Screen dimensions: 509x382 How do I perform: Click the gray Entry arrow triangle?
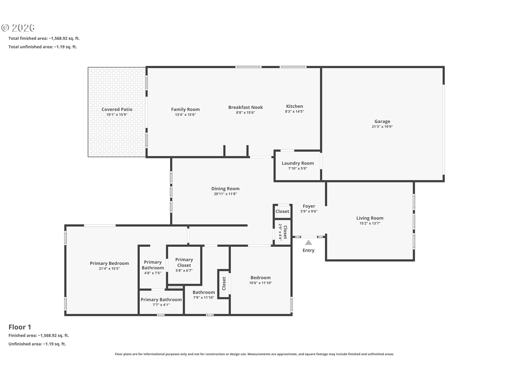pos(308,242)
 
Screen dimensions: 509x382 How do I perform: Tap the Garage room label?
pos(382,121)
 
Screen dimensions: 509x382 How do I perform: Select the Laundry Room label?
pos(298,163)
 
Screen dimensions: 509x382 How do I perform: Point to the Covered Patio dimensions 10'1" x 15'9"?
pos(117,115)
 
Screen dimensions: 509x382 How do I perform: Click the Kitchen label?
pos(295,106)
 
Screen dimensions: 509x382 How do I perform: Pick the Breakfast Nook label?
pos(245,107)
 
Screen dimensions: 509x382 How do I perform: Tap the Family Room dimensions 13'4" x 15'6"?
pos(185,115)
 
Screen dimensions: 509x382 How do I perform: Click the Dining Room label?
pos(225,189)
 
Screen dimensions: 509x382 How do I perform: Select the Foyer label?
pos(309,206)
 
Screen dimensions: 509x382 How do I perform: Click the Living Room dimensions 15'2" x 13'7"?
pos(370,223)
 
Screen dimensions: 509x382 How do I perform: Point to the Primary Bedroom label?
pos(109,263)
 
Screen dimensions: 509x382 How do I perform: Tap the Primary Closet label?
pos(184,262)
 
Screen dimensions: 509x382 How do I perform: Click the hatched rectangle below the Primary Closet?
pos(175,287)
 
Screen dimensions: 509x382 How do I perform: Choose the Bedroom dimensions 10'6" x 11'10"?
pos(261,283)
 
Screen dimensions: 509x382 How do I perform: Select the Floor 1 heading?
pos(20,327)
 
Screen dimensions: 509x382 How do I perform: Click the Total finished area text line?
pos(44,38)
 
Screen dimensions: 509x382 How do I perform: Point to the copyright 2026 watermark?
pos(18,28)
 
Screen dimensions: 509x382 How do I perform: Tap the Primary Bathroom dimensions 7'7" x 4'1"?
pos(161,305)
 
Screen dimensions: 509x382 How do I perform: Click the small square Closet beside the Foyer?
pos(282,211)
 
